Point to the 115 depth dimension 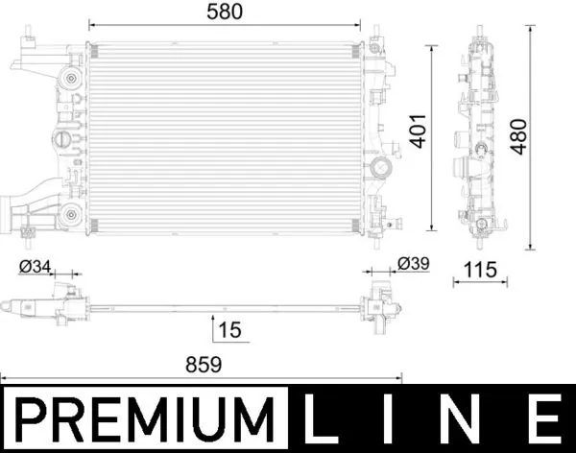click(477, 271)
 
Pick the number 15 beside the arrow click(229, 330)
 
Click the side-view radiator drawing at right click(478, 134)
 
